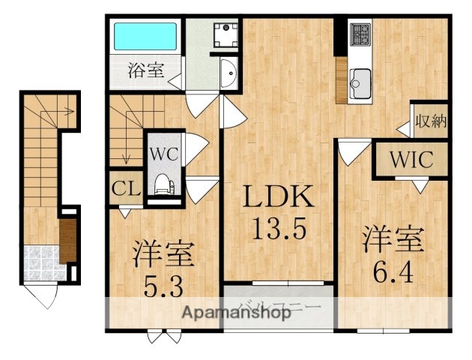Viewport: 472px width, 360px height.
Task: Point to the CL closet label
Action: point(126,187)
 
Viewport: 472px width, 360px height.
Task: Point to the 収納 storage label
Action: point(430,120)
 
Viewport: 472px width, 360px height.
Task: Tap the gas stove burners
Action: point(360,34)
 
